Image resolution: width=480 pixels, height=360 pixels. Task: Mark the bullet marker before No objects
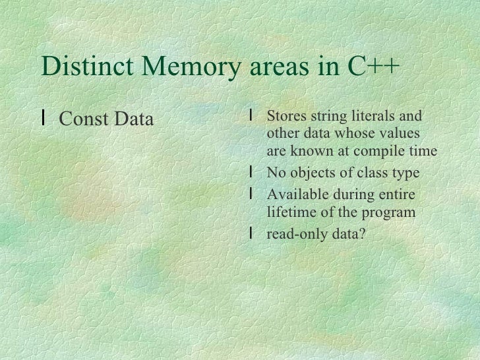pos(253,173)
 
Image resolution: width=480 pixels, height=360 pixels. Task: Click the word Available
pos(295,195)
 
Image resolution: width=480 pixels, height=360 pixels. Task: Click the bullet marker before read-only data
pos(253,232)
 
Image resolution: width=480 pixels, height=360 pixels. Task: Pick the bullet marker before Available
pos(253,195)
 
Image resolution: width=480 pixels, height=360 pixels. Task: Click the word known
pos(314,152)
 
